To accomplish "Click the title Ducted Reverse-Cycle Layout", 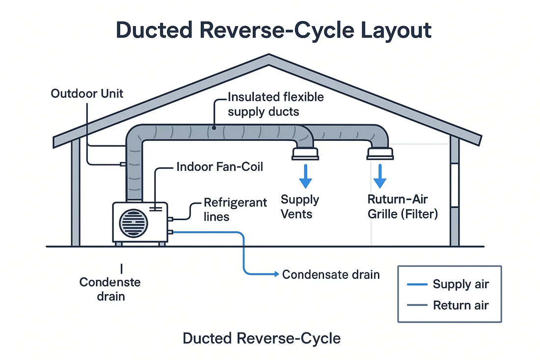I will [274, 30].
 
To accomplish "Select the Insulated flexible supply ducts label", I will [276, 104].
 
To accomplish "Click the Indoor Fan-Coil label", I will [219, 167].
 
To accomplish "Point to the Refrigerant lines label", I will [235, 209].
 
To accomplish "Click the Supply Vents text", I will [299, 206].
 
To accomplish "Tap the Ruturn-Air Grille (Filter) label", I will [402, 206].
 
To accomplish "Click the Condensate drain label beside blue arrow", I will [331, 274].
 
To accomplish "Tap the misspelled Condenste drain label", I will [110, 289].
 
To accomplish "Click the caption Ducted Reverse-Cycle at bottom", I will [261, 338].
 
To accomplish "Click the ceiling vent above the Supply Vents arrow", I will [305, 154].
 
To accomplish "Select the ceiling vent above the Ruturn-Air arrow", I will [380, 154].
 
